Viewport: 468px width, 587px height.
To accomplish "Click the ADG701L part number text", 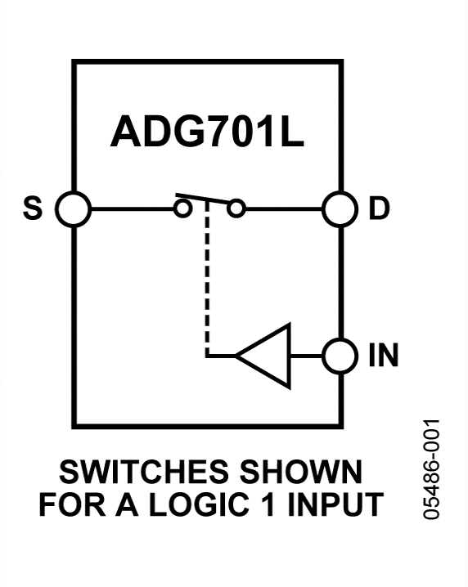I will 207,133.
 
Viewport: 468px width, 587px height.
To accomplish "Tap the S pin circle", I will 74,209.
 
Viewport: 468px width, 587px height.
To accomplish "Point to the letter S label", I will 32,210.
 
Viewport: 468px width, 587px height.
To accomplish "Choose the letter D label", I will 379,210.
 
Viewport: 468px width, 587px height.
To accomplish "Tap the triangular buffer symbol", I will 266,356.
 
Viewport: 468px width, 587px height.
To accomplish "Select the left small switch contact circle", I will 184,209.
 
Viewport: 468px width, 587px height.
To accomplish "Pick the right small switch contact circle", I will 236,209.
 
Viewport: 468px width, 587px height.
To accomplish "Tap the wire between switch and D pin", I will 282,209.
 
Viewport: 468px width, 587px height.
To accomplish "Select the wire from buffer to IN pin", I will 306,356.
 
